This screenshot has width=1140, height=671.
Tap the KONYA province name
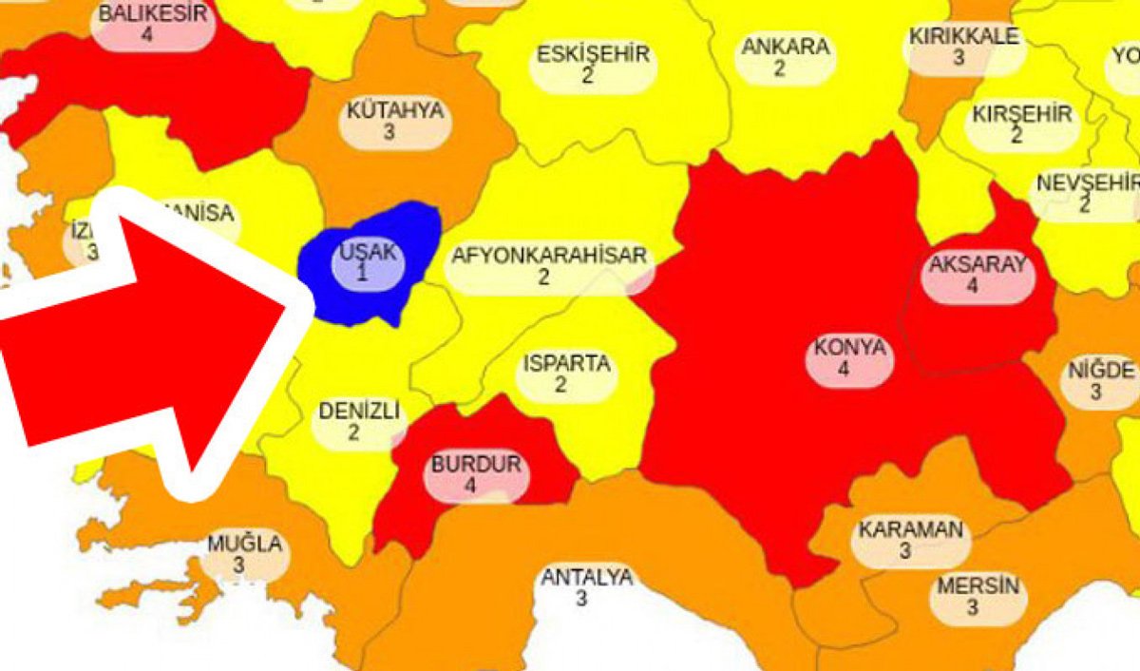tap(849, 349)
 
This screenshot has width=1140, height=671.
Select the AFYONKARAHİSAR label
tap(549, 256)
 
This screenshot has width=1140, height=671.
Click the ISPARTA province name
tap(566, 364)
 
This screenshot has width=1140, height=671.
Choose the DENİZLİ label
tap(359, 412)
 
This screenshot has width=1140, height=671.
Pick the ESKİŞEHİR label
tap(593, 54)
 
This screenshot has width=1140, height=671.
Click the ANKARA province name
tap(785, 47)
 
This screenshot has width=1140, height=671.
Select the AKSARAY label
tap(978, 264)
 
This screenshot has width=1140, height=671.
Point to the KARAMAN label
tap(911, 530)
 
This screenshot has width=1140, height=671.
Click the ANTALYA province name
tap(586, 578)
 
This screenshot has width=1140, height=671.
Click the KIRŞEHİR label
tap(1021, 114)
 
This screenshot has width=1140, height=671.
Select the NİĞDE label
tap(1101, 370)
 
